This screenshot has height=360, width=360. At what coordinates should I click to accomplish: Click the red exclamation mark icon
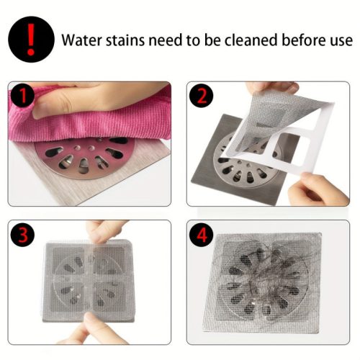tap(31, 39)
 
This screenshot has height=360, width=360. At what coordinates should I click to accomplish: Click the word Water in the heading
tap(82, 40)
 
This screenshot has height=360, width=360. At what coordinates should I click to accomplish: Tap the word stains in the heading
tap(125, 40)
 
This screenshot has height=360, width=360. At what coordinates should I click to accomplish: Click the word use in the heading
tap(341, 41)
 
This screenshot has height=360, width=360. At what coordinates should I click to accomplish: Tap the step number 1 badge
tap(23, 96)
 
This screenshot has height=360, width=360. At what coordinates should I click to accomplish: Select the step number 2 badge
tap(202, 96)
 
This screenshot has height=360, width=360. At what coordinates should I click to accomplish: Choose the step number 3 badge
tap(23, 235)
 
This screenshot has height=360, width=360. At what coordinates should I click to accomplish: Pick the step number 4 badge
tap(202, 235)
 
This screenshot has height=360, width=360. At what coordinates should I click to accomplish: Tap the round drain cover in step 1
tap(84, 157)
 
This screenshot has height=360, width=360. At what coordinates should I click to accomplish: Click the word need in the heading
tap(167, 40)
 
